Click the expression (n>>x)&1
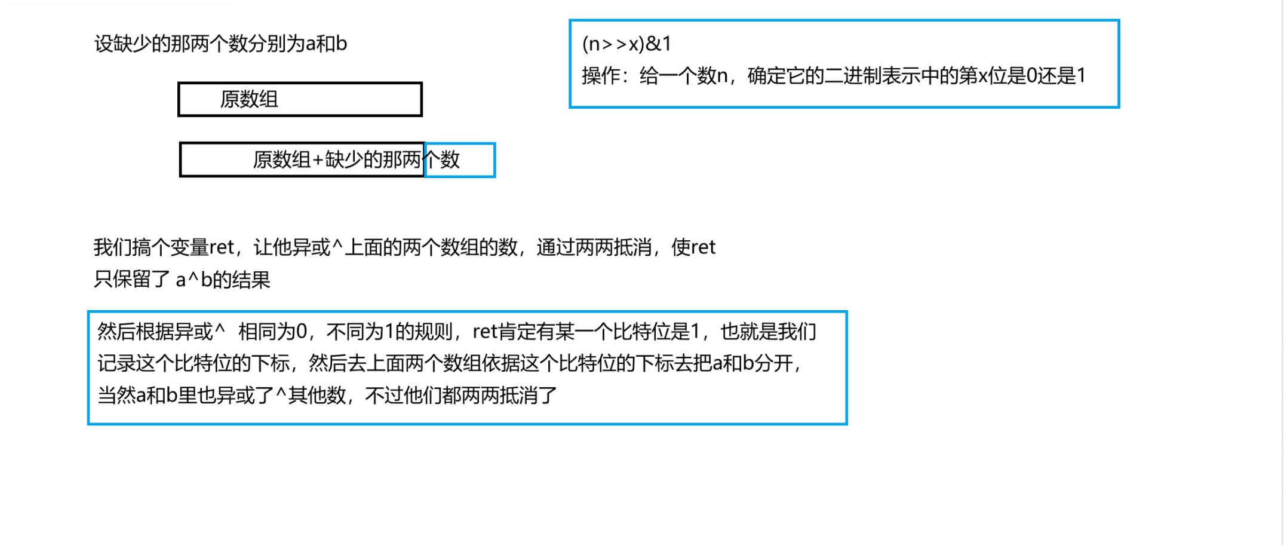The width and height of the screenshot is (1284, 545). coord(626,44)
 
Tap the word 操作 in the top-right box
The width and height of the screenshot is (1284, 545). coord(600,76)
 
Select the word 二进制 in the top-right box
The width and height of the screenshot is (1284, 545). coord(852,76)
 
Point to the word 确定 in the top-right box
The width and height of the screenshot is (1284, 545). coord(766,76)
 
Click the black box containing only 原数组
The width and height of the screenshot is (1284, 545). coord(300,99)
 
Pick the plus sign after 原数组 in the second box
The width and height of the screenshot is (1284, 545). coord(318,160)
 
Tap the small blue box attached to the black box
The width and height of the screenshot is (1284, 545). coord(460,160)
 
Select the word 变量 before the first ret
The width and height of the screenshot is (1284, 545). coord(189,247)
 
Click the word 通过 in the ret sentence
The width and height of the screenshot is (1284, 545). coord(555,247)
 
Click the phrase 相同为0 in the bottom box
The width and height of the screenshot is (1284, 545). coord(272,332)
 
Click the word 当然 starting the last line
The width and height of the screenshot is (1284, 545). coord(116,396)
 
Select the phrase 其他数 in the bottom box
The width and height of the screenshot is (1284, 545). coord(317,396)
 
